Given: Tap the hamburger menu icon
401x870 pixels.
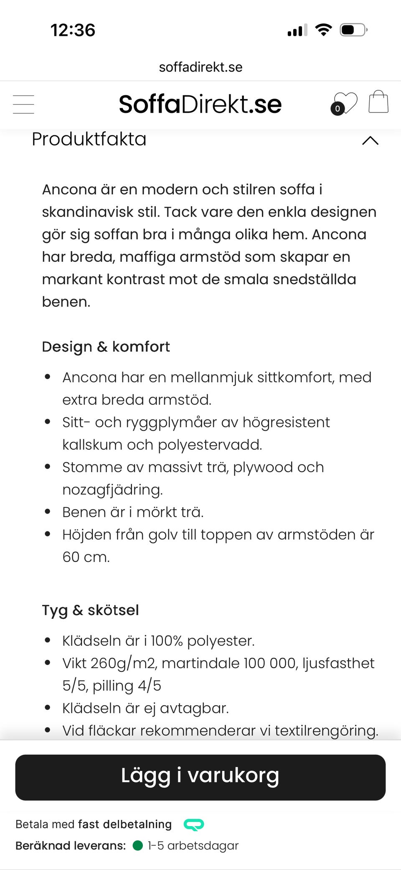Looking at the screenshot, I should click(x=23, y=104).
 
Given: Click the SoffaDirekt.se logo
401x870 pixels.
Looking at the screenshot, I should click(x=200, y=104).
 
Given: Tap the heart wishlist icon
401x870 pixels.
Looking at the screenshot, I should click(x=345, y=103).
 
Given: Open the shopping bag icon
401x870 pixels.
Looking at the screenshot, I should click(x=378, y=102).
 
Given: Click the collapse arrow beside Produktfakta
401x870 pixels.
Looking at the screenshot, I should click(x=370, y=140).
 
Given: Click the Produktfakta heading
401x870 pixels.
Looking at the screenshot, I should click(x=89, y=139).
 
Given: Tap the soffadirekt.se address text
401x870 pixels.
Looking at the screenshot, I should click(x=200, y=67).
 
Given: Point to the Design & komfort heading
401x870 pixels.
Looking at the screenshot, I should click(x=106, y=347).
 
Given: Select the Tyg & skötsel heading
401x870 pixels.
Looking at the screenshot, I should click(x=90, y=610).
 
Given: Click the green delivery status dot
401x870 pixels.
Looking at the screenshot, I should click(x=137, y=845).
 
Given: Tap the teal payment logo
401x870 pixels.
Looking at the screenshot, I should click(x=194, y=824).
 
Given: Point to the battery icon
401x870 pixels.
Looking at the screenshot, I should click(x=353, y=30).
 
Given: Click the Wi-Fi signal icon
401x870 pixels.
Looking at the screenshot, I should click(x=323, y=30).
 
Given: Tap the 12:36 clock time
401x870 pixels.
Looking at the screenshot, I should click(x=73, y=30).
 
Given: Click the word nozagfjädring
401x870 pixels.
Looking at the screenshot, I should click(x=112, y=490).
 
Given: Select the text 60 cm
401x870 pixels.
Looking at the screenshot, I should click(x=86, y=557).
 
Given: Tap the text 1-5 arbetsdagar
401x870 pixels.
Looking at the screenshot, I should click(x=193, y=845).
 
